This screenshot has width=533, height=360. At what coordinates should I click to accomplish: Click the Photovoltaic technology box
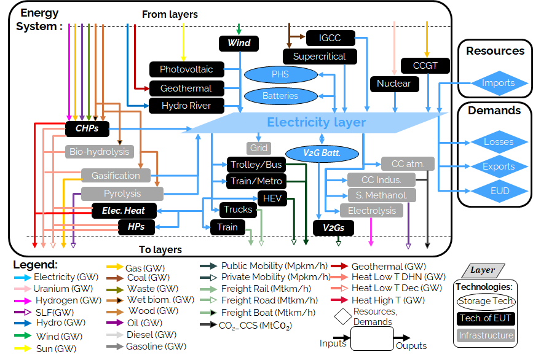(186, 69)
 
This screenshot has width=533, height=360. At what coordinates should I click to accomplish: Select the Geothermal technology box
(186, 88)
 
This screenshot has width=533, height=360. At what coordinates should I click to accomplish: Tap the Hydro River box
(186, 106)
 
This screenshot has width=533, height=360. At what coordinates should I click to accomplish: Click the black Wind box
(239, 43)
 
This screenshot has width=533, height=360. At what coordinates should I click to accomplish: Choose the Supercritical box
(319, 57)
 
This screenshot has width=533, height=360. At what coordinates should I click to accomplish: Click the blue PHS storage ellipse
(280, 75)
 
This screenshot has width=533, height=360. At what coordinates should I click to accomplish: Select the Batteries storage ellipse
(280, 95)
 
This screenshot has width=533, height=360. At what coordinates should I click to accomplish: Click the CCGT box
(425, 65)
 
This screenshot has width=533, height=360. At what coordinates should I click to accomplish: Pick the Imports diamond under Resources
(498, 83)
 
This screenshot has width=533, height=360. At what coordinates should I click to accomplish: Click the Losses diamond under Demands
(498, 142)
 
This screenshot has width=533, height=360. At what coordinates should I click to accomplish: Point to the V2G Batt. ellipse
(322, 153)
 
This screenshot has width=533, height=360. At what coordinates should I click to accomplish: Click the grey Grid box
(259, 148)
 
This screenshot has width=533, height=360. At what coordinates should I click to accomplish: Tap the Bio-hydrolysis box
(99, 151)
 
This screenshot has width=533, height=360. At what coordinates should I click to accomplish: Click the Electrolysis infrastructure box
(372, 211)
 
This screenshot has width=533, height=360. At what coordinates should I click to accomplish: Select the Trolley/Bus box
(256, 165)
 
